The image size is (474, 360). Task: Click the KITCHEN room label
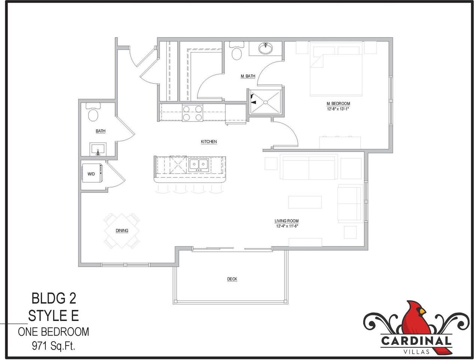[x=209, y=142]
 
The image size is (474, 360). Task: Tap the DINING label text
[x=122, y=231]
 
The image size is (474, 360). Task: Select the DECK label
[x=232, y=279]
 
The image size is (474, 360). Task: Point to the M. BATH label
[x=248, y=76]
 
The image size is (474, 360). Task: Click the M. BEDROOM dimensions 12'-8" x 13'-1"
[x=338, y=109]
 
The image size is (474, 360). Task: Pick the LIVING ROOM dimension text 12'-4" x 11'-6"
[x=287, y=226]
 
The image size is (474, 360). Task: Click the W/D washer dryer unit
[x=91, y=174]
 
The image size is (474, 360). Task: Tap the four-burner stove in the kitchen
[x=192, y=113]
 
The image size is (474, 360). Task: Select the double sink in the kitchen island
[x=199, y=164]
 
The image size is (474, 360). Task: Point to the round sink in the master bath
[x=266, y=48]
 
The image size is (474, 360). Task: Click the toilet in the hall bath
[x=93, y=114]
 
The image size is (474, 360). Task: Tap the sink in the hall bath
[x=98, y=149]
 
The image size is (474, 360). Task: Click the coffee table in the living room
[x=305, y=202]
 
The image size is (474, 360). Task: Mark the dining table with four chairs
[x=122, y=230]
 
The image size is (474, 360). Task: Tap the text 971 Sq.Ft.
[x=54, y=346]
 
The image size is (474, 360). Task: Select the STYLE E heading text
[x=54, y=315]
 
